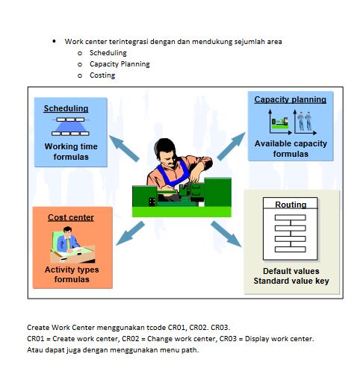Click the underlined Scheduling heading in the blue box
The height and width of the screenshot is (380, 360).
coord(66,108)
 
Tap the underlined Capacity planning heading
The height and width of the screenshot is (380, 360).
coord(291,99)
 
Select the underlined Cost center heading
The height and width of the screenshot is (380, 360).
coord(71,217)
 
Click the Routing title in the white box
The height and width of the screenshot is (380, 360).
coord(291,205)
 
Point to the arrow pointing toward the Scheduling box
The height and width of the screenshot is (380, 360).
coord(124,149)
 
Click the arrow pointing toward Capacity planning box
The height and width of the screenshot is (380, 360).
coord(232,146)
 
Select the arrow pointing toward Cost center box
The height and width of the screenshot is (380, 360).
coord(130,233)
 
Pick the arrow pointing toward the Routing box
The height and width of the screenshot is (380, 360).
coord(226,234)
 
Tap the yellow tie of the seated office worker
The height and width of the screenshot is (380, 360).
coord(68,243)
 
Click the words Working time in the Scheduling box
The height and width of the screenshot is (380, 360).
coord(71,146)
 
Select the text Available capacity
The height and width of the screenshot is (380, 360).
coord(291,143)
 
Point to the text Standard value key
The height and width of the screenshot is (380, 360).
coord(291,281)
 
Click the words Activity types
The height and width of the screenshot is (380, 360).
coord(72,270)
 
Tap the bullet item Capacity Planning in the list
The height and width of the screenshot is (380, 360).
coord(120,64)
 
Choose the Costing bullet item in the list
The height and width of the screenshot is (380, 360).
coord(102,75)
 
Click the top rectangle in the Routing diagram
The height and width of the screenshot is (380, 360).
coord(291,217)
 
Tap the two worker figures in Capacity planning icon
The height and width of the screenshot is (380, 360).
coord(305,121)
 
